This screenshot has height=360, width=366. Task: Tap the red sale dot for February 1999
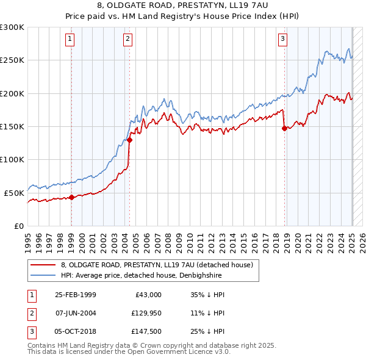(71, 197)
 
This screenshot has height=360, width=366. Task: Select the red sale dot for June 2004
(129, 140)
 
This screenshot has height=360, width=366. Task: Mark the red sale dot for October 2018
(284, 128)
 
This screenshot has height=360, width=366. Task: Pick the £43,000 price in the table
(147, 295)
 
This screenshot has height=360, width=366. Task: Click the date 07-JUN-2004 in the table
(76, 313)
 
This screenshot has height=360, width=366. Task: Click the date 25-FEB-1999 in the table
(76, 295)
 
